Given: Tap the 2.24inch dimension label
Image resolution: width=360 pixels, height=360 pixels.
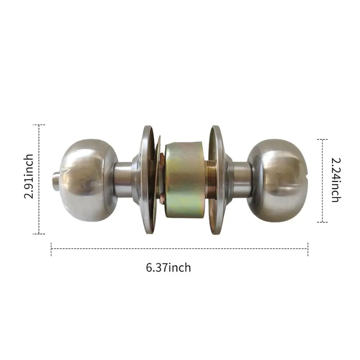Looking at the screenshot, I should (x=336, y=180).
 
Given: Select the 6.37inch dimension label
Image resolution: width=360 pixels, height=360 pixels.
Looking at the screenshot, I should (x=168, y=267).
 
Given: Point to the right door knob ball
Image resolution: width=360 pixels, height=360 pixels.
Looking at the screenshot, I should (x=279, y=180).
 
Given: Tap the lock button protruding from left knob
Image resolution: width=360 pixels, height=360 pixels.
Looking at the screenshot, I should (x=56, y=179).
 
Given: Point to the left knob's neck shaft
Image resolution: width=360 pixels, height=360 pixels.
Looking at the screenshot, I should (x=122, y=178).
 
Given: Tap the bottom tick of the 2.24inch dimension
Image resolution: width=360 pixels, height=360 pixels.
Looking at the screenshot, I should (x=322, y=222).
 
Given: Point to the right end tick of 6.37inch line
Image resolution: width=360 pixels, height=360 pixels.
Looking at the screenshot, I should (x=308, y=248).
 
